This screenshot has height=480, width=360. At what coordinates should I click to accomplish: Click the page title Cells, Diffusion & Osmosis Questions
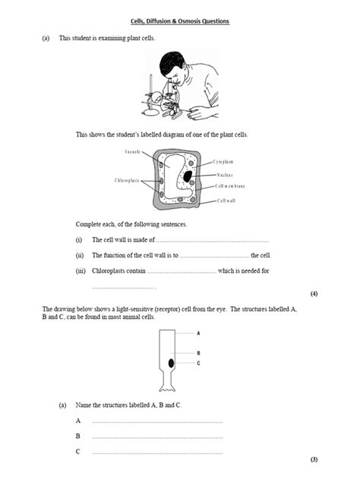click(180, 21)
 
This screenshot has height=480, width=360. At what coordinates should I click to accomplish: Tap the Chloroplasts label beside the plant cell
click(127, 180)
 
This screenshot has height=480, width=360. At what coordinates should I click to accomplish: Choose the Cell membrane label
click(230, 186)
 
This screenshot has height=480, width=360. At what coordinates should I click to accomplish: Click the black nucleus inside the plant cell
click(186, 177)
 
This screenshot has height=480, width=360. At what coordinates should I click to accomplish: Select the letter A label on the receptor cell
click(198, 333)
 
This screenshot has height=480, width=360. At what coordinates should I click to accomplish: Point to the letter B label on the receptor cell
click(198, 353)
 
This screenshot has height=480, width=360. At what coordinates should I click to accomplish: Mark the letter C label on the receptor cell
click(198, 363)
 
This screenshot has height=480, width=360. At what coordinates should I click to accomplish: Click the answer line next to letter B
click(157, 437)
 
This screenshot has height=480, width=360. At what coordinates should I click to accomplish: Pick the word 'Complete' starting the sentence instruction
click(88, 225)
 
